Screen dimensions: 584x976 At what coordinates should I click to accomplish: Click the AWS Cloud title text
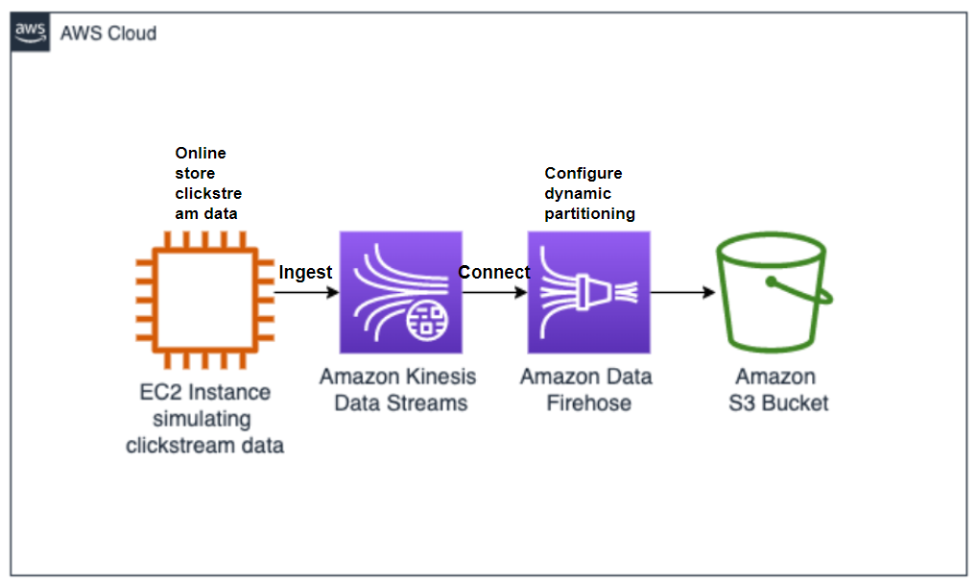[x=107, y=34]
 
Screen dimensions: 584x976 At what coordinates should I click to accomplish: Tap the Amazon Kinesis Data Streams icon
[x=400, y=292]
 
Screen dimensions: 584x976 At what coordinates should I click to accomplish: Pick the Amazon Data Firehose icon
[x=588, y=292]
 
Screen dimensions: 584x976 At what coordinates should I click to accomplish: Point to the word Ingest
[x=305, y=272]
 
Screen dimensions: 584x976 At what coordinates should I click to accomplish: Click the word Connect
[x=493, y=272]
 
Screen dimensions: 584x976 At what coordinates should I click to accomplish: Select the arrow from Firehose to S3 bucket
[x=683, y=292]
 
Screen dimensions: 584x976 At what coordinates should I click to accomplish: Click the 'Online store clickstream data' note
[x=207, y=182]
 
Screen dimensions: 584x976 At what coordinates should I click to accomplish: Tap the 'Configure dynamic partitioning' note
[x=589, y=193]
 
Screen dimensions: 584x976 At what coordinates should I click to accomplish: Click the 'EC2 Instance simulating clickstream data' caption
[x=204, y=419]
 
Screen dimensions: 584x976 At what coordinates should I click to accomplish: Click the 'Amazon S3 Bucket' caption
[x=775, y=389]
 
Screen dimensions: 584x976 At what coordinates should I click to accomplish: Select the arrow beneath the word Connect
[x=494, y=292]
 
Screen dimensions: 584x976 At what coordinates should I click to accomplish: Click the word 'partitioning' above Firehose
[x=589, y=213]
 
